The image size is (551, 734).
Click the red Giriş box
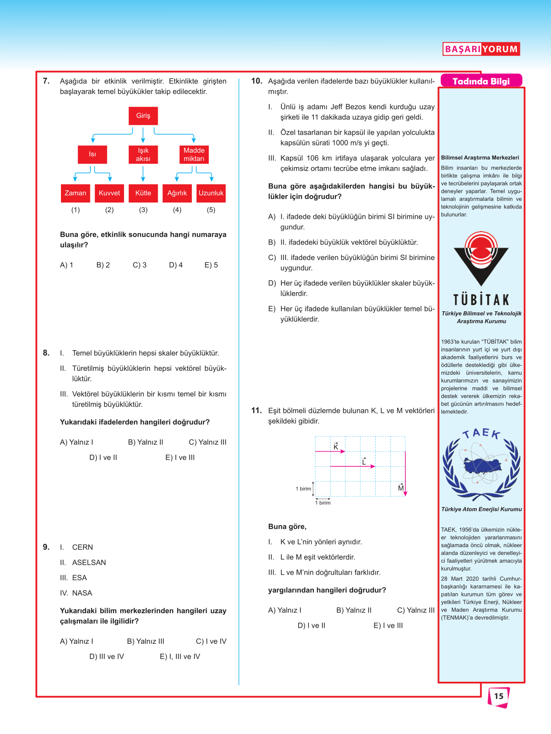(143, 116)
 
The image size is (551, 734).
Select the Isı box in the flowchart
(92, 154)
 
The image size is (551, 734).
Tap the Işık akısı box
(143, 154)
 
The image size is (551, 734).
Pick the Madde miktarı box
(194, 154)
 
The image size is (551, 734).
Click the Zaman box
(76, 193)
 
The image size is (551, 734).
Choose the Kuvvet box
(109, 193)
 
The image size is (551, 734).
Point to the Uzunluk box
(211, 193)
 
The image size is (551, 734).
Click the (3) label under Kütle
(143, 210)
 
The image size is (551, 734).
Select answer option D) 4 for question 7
(176, 265)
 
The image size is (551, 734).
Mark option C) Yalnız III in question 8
(207, 442)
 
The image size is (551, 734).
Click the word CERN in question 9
(83, 547)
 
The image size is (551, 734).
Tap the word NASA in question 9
(82, 593)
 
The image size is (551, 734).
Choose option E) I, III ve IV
(180, 657)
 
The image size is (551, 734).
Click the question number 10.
(257, 81)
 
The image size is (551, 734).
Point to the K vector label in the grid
(336, 446)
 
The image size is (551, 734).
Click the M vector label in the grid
(401, 488)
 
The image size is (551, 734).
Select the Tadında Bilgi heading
(481, 81)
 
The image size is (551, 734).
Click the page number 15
(499, 696)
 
